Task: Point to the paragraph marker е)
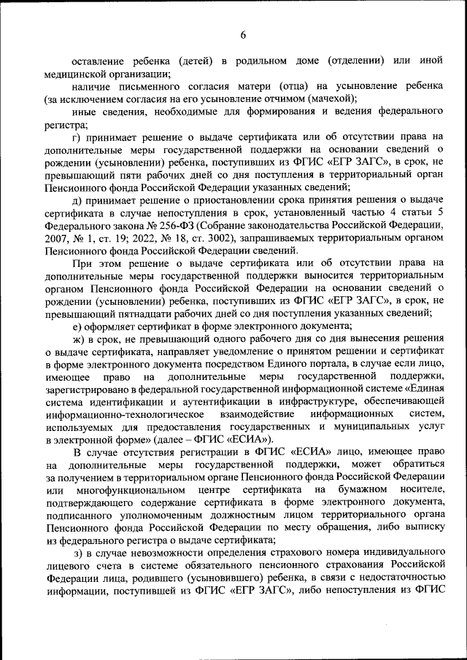pyautogui.click(x=79, y=325)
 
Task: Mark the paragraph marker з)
pyautogui.click(x=79, y=553)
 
